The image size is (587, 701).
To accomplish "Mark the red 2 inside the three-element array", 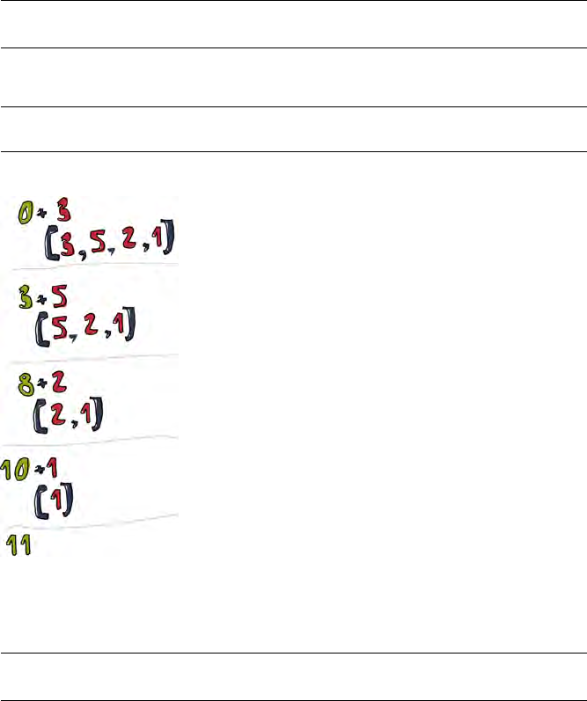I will [91, 329].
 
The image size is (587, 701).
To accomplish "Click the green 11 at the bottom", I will [20, 545].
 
